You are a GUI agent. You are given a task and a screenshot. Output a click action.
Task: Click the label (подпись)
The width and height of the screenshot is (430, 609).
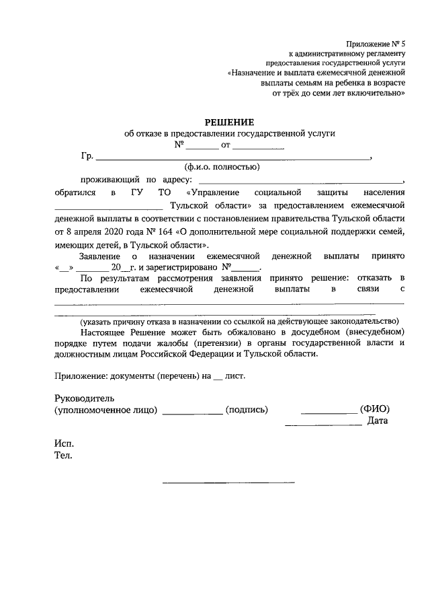(x=247, y=409)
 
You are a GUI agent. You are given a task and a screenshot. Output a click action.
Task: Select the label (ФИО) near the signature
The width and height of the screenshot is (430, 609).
(x=375, y=409)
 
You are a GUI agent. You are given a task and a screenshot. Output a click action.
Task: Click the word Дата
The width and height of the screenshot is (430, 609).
(x=378, y=421)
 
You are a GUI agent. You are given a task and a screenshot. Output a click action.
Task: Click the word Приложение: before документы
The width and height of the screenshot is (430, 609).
(x=82, y=375)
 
